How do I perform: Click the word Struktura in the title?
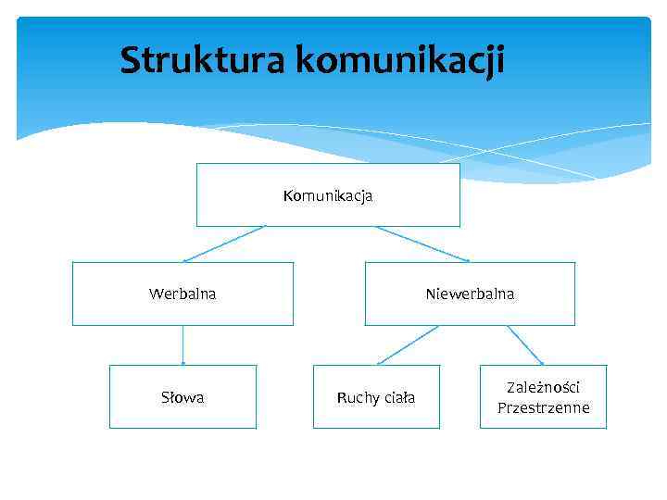(203, 61)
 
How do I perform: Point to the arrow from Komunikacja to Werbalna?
(224, 244)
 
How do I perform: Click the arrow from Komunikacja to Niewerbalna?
(422, 244)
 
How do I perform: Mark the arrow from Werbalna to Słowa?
(183, 345)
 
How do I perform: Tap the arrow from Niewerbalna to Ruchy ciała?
(408, 344)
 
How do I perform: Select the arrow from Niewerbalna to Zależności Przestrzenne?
(524, 345)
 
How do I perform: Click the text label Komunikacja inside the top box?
(328, 195)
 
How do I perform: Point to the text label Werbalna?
(182, 294)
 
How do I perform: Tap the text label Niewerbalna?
(470, 294)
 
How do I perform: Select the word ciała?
(398, 398)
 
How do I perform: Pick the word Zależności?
(543, 388)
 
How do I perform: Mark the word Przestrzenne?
(543, 407)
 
